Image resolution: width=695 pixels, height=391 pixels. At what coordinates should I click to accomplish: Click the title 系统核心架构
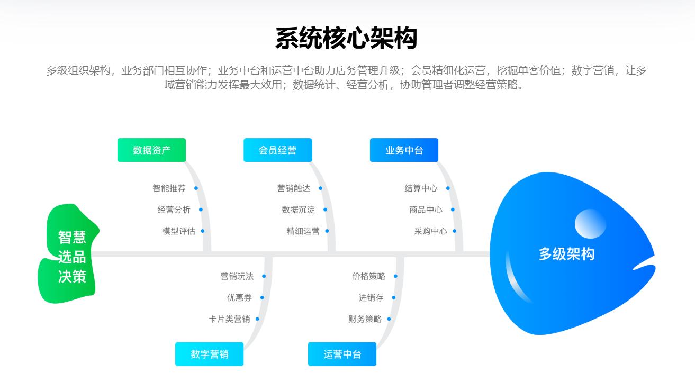347,38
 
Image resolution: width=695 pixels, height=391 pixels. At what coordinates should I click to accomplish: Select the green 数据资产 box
151,150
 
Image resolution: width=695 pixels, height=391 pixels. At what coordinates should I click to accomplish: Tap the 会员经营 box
277,150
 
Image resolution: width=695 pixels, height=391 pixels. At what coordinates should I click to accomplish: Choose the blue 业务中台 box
404,150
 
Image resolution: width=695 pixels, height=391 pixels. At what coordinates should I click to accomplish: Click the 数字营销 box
209,354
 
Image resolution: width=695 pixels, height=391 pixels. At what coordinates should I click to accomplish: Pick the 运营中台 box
342,354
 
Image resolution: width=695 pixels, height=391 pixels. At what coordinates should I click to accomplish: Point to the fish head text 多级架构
566,254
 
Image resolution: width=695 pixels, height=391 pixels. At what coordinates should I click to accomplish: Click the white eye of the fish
590,223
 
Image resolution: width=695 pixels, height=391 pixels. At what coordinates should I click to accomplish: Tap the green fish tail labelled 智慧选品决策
71,257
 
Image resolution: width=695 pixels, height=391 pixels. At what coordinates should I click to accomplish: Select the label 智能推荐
169,188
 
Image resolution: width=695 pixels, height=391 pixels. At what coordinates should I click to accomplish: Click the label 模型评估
178,231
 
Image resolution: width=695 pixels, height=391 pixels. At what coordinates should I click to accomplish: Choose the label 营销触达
293,188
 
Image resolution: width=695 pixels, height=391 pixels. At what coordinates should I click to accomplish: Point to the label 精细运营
303,231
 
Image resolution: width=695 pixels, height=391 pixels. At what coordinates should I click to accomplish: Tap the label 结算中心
421,188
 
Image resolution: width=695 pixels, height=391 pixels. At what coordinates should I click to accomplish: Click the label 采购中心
430,231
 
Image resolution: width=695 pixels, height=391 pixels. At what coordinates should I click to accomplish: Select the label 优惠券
239,298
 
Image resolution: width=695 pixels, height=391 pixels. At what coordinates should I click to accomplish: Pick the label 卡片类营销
229,319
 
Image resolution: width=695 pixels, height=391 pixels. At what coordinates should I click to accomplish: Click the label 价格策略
368,276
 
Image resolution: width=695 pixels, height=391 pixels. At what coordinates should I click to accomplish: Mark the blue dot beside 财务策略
389,319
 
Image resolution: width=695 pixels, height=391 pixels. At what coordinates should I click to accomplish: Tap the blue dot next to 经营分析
201,210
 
